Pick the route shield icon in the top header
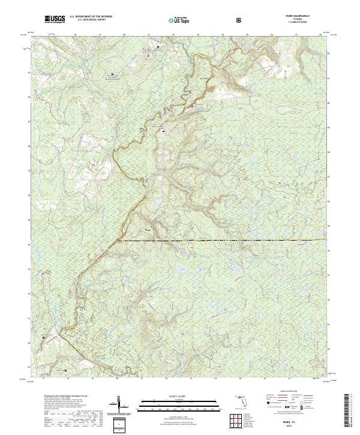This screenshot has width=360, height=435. [240, 20]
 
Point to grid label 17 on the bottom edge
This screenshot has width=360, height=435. [43, 379]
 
